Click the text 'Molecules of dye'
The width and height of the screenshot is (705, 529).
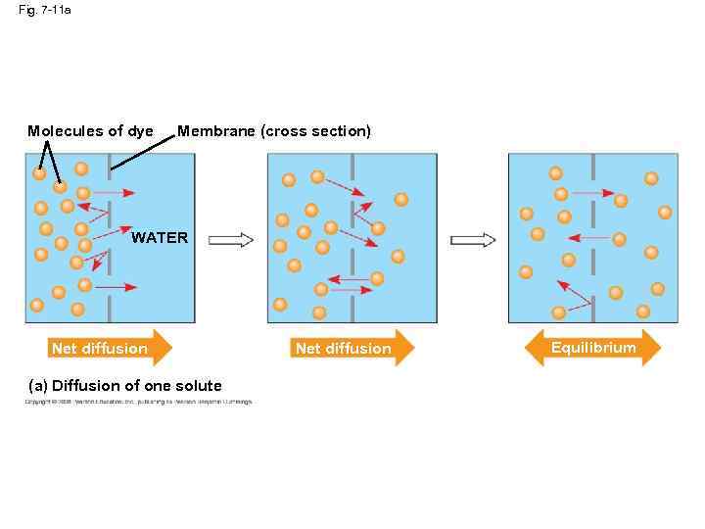[90, 131]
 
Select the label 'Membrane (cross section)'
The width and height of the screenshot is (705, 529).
[274, 131]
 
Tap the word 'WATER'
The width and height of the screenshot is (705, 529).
[160, 237]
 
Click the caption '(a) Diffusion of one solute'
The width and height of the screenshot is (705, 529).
[127, 385]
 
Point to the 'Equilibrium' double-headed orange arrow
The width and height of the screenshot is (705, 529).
[593, 348]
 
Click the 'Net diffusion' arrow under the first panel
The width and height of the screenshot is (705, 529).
[110, 348]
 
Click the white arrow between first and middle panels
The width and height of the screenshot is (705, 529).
[232, 240]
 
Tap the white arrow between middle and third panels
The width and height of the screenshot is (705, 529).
[473, 240]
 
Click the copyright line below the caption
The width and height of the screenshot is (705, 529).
[138, 401]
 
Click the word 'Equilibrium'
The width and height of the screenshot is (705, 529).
[593, 348]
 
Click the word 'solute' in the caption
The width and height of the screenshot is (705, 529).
[199, 385]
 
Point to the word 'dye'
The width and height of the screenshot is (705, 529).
[140, 131]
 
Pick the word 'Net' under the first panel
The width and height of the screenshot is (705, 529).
[64, 349]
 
